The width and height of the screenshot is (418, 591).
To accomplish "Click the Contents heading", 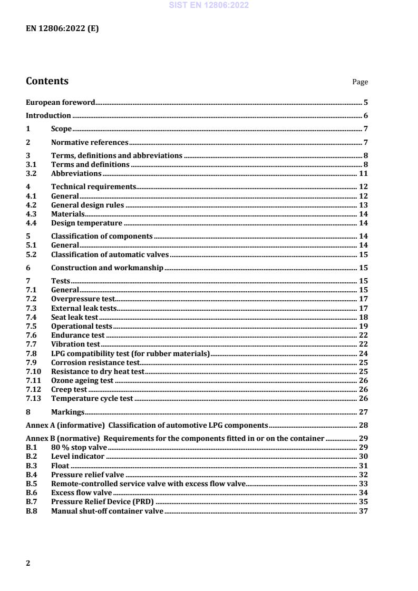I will click(x=47, y=81).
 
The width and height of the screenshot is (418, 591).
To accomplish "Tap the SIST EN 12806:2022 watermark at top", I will click(x=209, y=5).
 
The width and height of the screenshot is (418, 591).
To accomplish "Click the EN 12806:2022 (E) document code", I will click(x=62, y=29).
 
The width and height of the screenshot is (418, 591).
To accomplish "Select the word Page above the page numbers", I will click(x=360, y=82).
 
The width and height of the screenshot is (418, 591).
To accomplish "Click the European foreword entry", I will click(x=61, y=102).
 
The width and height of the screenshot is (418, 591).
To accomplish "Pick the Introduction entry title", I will click(x=48, y=115).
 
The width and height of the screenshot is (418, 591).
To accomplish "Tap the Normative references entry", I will click(x=90, y=142).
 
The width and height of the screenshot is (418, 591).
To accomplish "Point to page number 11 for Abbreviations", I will click(x=363, y=173).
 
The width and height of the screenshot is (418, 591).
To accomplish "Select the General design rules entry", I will click(x=88, y=205).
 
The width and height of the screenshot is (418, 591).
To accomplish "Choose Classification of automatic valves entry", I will click(x=110, y=254).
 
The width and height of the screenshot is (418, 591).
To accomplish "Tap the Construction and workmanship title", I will click(x=107, y=268).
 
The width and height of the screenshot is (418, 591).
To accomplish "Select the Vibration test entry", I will click(x=75, y=344).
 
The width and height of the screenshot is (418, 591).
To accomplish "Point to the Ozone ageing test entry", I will click(x=82, y=380).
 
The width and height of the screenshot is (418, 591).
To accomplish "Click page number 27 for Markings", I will click(x=363, y=412).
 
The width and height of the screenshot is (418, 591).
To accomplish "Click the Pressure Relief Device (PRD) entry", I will click(x=102, y=502).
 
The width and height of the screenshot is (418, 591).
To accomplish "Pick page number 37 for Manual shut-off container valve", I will click(x=363, y=511).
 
